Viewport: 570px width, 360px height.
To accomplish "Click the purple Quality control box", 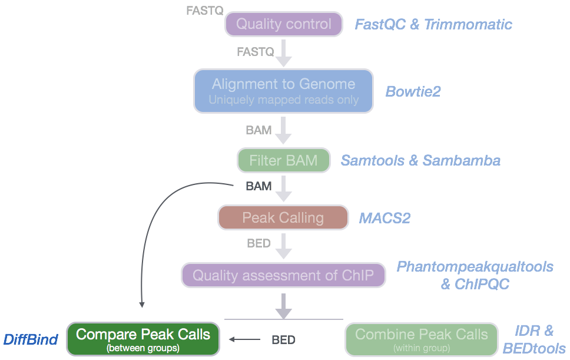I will pyautogui.click(x=283, y=24).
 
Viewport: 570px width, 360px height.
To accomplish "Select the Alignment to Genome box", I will pyautogui.click(x=283, y=91).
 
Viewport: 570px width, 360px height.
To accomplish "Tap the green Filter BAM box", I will pyautogui.click(x=283, y=160).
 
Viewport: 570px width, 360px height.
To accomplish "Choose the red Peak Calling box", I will pyautogui.click(x=283, y=217).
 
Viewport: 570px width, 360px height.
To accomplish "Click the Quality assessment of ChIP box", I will pyautogui.click(x=283, y=275).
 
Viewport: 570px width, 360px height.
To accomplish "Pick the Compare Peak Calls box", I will pyautogui.click(x=143, y=339).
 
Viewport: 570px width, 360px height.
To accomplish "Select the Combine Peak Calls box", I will pyautogui.click(x=422, y=339).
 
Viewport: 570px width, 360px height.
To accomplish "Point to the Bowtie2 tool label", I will pyautogui.click(x=413, y=91).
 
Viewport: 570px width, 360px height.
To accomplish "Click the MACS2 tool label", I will pyautogui.click(x=385, y=218).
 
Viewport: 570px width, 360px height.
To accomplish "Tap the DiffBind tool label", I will pyautogui.click(x=31, y=339).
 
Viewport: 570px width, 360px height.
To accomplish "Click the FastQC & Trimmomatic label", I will pyautogui.click(x=433, y=25).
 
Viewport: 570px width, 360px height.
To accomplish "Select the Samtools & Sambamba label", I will pyautogui.click(x=420, y=160).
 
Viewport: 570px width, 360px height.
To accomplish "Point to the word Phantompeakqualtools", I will pyautogui.click(x=475, y=267).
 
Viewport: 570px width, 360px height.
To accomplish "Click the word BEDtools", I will pyautogui.click(x=534, y=348).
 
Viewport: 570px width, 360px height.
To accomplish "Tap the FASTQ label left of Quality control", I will pyautogui.click(x=204, y=10).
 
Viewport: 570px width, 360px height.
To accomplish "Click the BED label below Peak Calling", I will pyautogui.click(x=259, y=243).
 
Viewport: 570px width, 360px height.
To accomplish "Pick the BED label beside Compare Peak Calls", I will pyautogui.click(x=283, y=339).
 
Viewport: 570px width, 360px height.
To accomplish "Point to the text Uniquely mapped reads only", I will pyautogui.click(x=283, y=100).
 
